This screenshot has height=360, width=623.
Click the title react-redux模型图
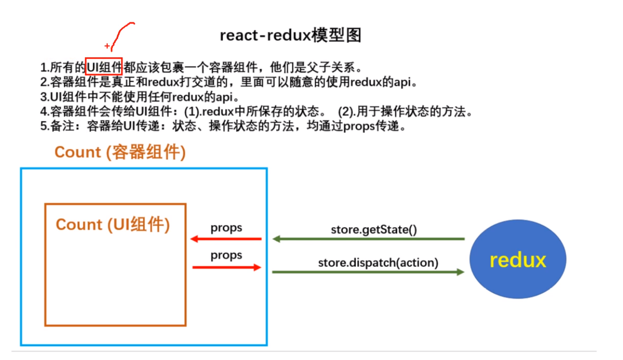click(x=290, y=36)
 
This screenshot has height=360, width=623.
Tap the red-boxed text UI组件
click(x=104, y=66)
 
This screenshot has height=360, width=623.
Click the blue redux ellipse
click(x=518, y=260)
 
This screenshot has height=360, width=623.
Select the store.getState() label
click(x=374, y=230)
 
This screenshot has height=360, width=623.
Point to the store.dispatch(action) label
click(x=378, y=262)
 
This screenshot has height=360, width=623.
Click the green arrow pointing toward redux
click(x=368, y=272)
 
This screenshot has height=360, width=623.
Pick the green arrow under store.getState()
click(x=368, y=239)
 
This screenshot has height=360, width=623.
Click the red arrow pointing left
click(x=226, y=239)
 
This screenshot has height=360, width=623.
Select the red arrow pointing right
click(x=226, y=267)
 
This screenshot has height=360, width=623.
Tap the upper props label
click(x=226, y=228)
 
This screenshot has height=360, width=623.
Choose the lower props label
click(x=226, y=255)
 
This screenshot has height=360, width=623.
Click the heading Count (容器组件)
click(x=120, y=152)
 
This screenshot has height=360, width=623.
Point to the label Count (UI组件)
click(x=113, y=225)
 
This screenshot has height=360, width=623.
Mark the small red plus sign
click(x=107, y=46)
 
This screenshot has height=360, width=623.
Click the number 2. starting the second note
click(x=44, y=82)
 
